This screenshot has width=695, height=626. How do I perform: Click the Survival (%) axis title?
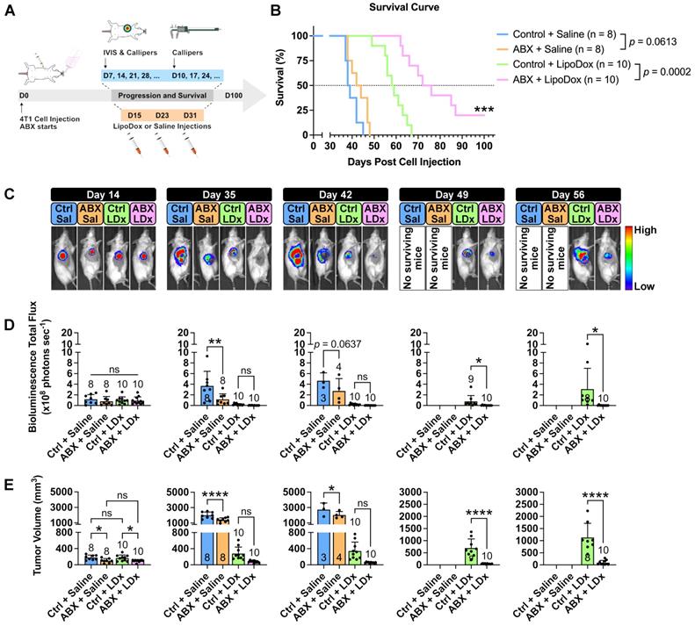point(279,85)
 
